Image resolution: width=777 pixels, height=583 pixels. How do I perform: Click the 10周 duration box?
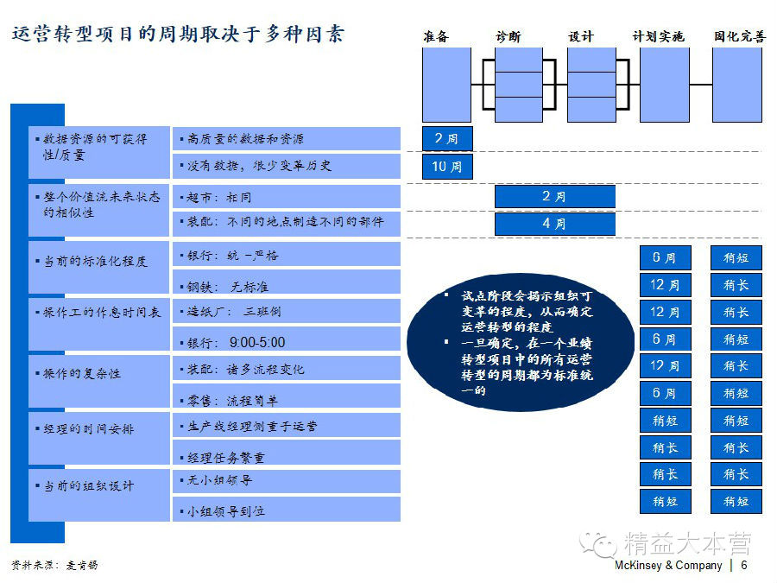446,166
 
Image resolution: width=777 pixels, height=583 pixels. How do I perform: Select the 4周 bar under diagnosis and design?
554,224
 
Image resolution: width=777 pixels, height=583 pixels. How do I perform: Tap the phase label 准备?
436,37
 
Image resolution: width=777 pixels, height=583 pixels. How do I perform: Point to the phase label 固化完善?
739,37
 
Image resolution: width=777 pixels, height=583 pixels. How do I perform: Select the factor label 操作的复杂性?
83,374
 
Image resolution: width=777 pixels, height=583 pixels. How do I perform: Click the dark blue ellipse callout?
520,342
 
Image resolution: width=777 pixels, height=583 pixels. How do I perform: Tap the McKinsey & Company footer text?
668,566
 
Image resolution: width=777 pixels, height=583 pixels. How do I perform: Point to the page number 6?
744,566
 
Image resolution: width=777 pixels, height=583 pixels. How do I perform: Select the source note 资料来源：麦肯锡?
54,565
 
